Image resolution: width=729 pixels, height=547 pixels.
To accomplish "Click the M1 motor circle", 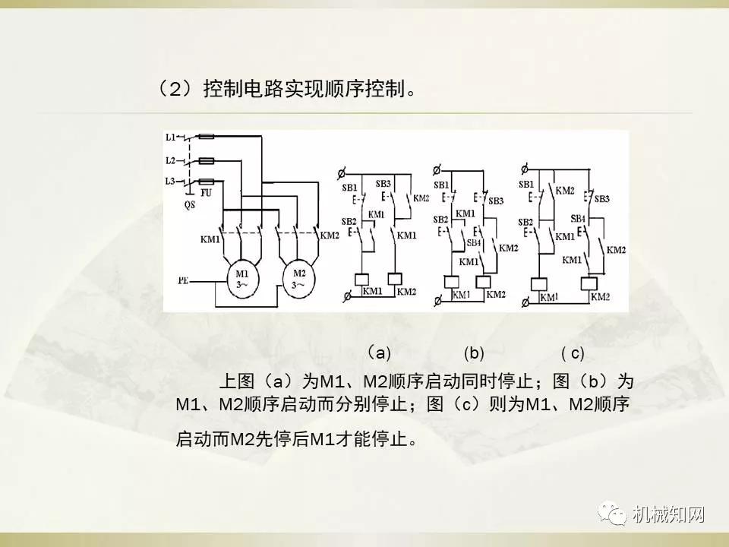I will coord(241,279).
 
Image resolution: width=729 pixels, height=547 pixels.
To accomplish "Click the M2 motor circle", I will coord(298,278).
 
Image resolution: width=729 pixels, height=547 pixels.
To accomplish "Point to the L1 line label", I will coord(171,137).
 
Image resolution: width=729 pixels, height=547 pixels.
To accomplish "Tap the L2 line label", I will coord(171,160).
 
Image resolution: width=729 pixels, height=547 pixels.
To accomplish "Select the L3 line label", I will coord(171,181).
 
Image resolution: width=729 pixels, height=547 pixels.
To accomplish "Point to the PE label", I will coord(184,280).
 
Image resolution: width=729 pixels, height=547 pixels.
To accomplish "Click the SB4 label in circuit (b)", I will coord(474,242).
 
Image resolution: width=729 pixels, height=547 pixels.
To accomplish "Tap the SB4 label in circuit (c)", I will coord(577,219).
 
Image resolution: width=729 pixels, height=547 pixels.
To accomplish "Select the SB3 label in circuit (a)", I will coord(383,183).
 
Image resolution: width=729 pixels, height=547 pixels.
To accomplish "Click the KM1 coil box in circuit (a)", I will coord(361,278).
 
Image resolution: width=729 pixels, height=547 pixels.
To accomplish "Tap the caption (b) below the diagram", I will coord(474,353).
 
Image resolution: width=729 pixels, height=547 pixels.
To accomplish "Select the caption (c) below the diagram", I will coord(573,353).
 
